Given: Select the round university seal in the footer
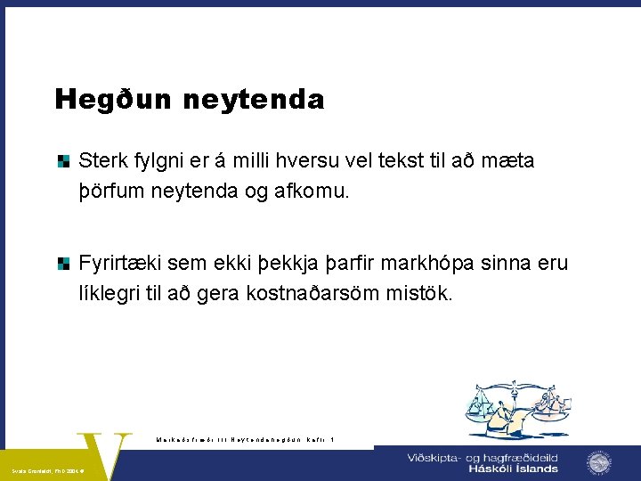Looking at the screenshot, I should click(x=598, y=463).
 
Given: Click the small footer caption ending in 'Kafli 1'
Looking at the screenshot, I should click(x=244, y=438).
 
